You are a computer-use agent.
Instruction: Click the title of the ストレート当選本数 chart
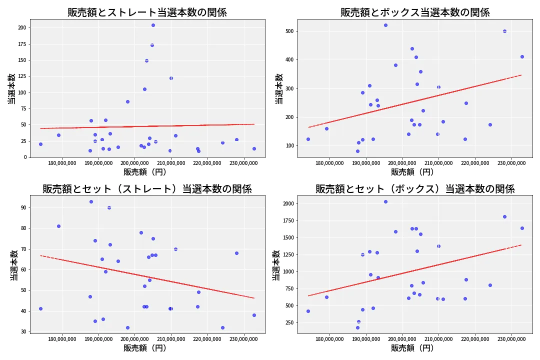click(x=147, y=12)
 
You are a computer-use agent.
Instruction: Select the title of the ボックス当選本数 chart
click(x=415, y=12)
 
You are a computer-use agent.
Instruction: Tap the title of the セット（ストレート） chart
click(x=147, y=189)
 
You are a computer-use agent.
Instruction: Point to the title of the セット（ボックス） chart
click(x=415, y=189)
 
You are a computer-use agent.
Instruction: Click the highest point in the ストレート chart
click(x=153, y=25)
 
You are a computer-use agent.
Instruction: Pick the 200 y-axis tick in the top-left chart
click(x=21, y=28)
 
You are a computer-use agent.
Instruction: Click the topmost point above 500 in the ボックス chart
click(x=385, y=25)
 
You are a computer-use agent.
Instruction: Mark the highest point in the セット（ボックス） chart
click(x=385, y=201)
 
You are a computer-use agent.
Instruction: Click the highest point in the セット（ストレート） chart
click(x=91, y=201)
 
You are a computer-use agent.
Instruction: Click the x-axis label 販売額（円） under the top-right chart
click(x=412, y=172)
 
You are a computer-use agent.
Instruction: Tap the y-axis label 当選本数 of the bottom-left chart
click(x=14, y=265)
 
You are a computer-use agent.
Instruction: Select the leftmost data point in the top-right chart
click(x=308, y=139)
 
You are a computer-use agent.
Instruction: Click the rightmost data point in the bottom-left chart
click(x=254, y=315)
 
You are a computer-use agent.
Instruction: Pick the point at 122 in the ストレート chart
click(x=171, y=78)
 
